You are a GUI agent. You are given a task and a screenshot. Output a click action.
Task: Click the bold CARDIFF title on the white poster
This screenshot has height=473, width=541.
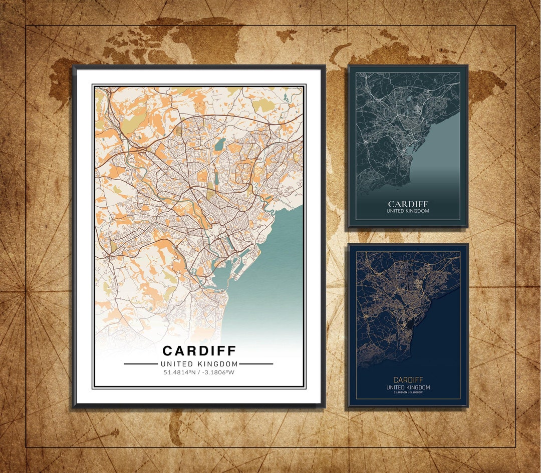(x=199, y=350)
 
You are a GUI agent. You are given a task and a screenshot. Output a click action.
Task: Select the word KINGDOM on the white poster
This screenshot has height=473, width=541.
(x=217, y=364)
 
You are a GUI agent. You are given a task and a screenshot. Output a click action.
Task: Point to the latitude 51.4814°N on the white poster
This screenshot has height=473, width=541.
(x=179, y=372)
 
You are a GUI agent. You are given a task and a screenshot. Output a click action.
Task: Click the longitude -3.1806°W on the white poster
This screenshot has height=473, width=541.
(x=217, y=372)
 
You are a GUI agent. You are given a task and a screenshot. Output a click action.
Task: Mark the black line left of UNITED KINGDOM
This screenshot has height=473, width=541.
(x=141, y=364)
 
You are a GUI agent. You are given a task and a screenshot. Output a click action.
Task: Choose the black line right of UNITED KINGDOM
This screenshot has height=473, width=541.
(x=256, y=364)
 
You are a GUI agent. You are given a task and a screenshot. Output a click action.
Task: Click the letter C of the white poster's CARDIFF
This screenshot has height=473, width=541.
(x=168, y=350)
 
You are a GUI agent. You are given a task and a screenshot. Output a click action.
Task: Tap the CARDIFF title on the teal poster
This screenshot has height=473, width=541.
(x=408, y=204)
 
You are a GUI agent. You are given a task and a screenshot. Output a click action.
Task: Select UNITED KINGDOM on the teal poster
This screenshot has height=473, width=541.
(x=408, y=211)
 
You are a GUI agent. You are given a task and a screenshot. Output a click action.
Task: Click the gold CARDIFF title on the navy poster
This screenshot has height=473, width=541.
(x=408, y=380)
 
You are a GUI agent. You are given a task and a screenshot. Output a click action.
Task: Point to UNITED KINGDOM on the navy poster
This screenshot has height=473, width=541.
(x=408, y=387)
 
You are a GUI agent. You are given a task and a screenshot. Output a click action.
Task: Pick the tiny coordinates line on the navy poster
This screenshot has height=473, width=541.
(x=408, y=392)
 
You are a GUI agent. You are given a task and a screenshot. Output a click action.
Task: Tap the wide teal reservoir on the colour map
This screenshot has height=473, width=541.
(x=219, y=147)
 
